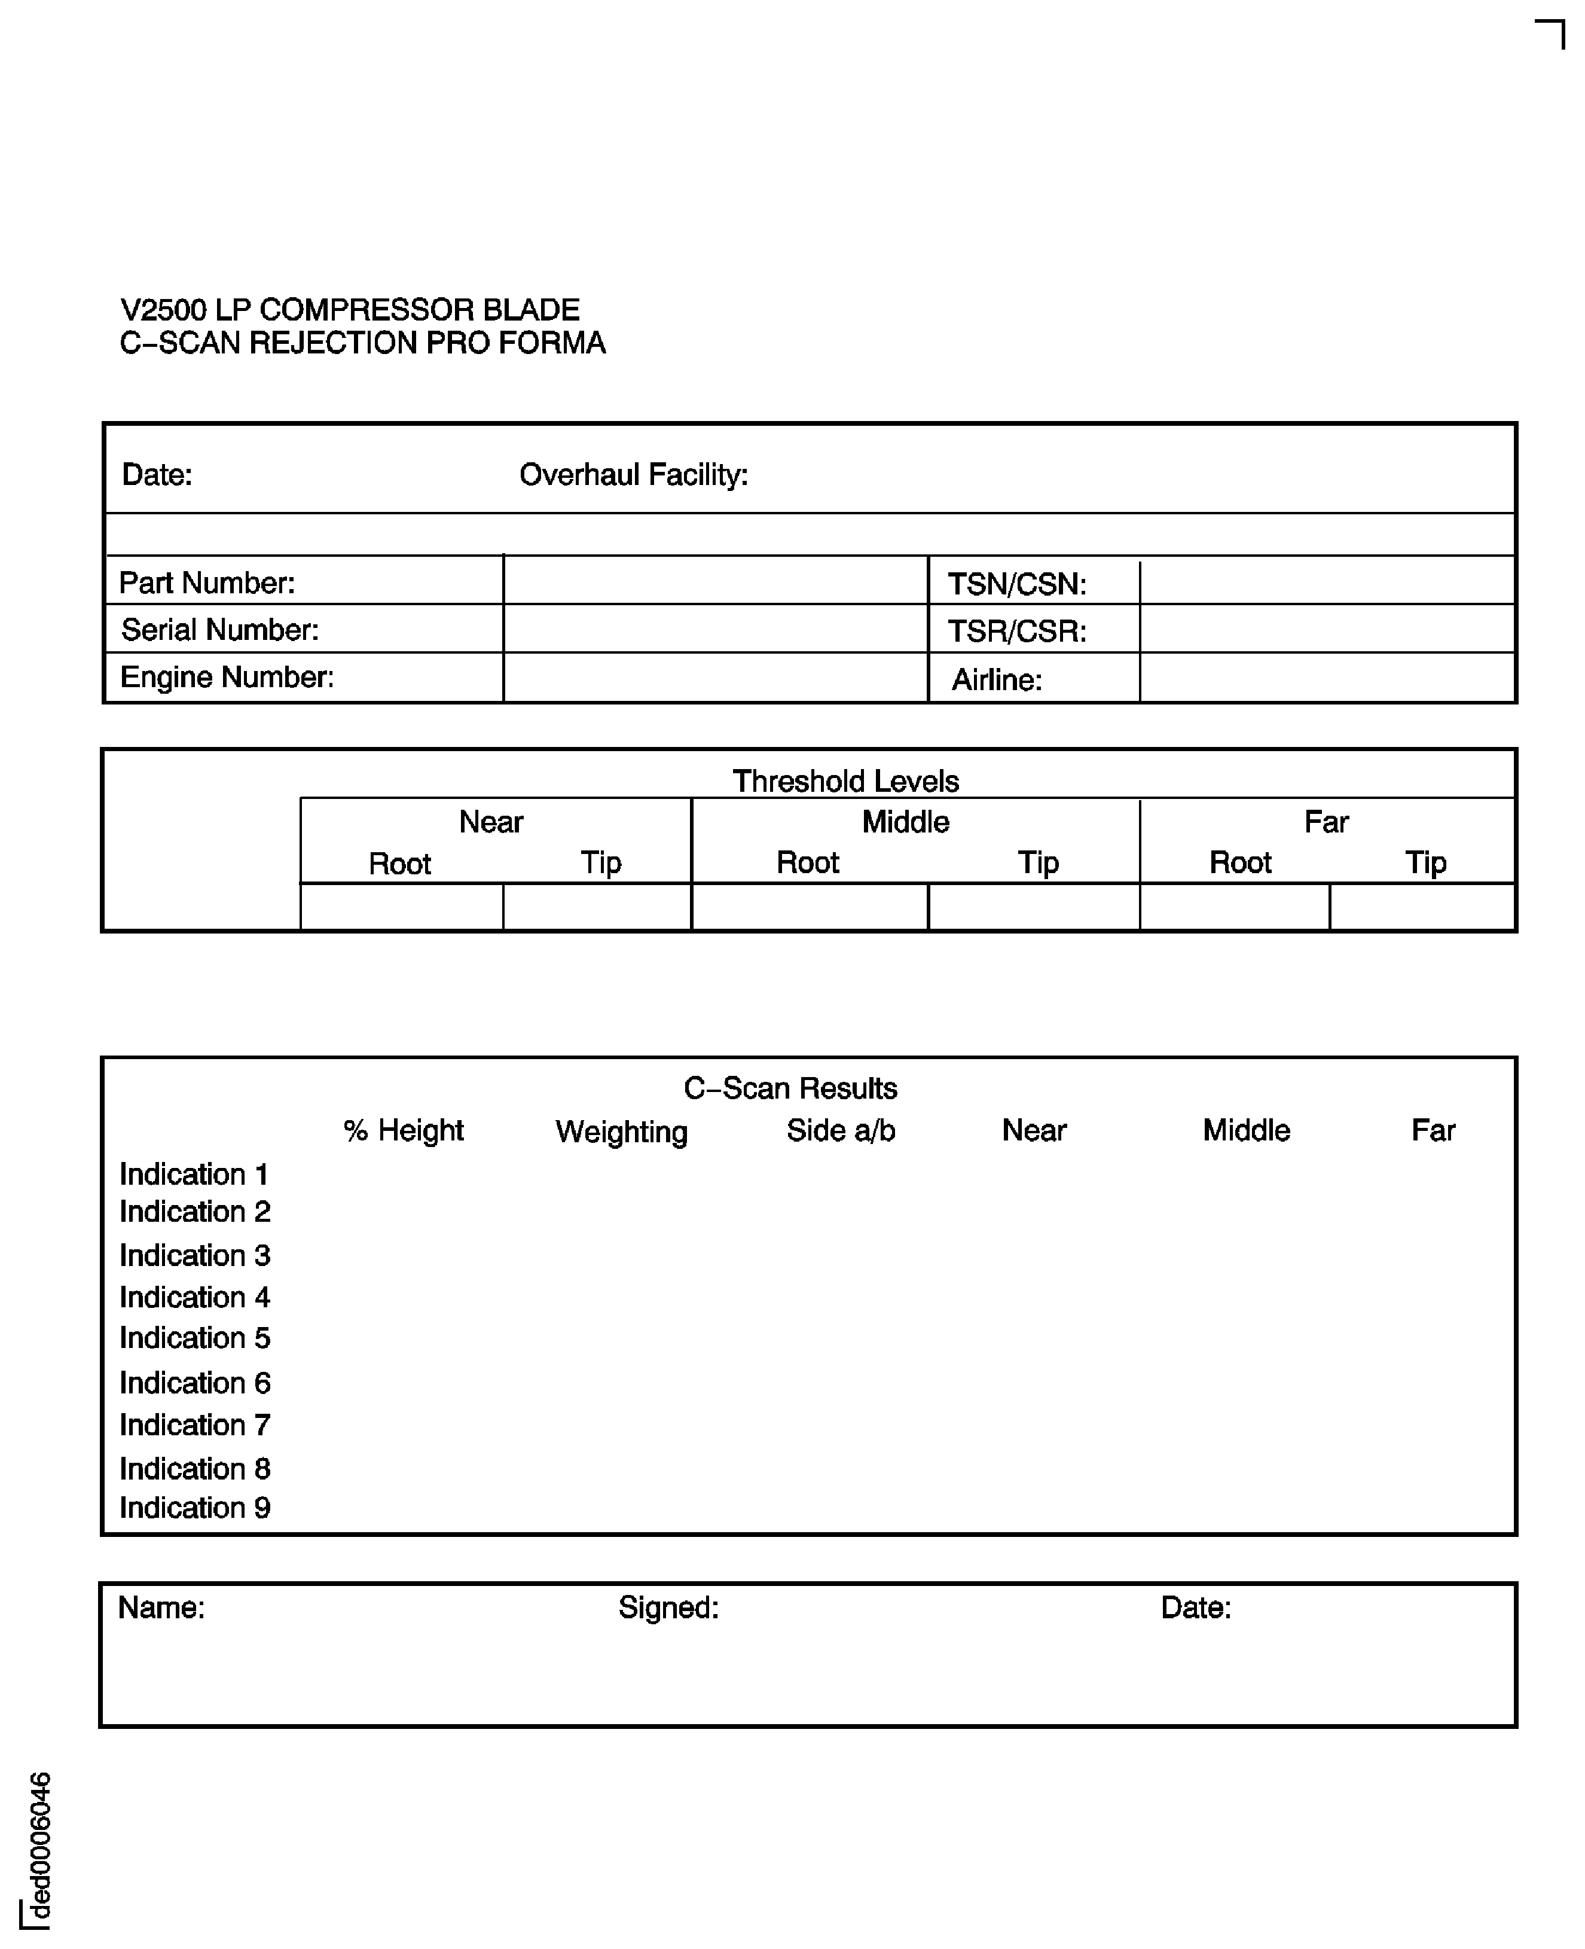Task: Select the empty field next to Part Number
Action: [715, 581]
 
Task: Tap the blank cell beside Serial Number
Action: [715, 629]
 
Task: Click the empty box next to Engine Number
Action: [715, 678]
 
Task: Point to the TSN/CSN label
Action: [1016, 584]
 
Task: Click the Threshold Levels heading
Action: [845, 782]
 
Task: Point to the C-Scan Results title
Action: [790, 1088]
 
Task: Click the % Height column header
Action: [404, 1131]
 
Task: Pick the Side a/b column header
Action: [841, 1131]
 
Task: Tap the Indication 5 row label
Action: [194, 1338]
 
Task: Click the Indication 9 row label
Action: [194, 1508]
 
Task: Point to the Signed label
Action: [668, 1608]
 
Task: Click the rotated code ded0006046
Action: [39, 1846]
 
